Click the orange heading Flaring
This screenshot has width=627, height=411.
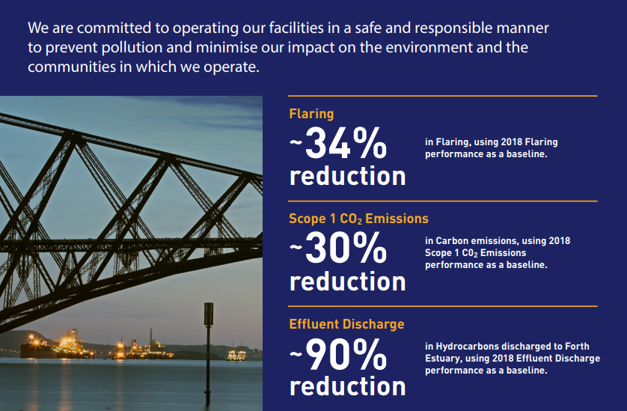tap(311, 114)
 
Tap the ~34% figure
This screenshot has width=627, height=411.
tap(338, 143)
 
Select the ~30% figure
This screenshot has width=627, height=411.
tap(338, 248)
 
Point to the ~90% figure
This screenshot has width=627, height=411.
tap(338, 354)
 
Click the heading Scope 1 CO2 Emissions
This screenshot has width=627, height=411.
tap(358, 219)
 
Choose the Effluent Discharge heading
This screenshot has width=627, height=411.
tap(346, 323)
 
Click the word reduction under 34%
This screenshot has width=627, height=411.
tap(347, 176)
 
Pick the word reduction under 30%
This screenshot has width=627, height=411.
tap(347, 281)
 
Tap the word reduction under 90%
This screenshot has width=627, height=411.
tap(347, 386)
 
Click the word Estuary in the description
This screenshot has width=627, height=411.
tap(443, 359)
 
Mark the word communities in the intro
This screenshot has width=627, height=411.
tap(71, 67)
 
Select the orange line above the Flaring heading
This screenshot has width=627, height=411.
tap(443, 96)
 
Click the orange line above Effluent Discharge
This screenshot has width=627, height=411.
tap(443, 306)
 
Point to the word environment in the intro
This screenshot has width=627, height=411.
tap(429, 47)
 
